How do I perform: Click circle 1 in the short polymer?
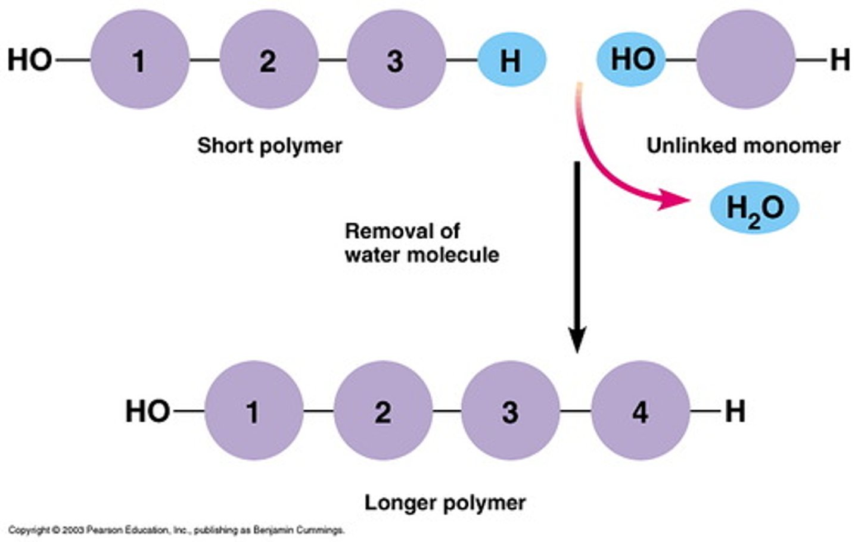pos(139,60)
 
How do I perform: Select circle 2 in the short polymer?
pos(269,60)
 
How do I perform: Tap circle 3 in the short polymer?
pos(396,60)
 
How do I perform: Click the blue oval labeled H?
pos(511,60)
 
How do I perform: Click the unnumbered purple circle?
pos(745,60)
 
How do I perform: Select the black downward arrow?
pos(576,256)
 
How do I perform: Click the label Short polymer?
pos(269,145)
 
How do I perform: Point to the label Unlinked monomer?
pos(743,145)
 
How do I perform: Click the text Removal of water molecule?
pos(421,242)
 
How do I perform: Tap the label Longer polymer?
pos(444,502)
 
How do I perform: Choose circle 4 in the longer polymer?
pos(640,411)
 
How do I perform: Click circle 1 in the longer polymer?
pos(253,411)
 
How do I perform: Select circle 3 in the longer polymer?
pos(510,411)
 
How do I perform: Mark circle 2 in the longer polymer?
pos(383,411)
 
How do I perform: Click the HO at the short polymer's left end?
pos(29,60)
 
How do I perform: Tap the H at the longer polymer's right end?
pos(735,411)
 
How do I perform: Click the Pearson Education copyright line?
pos(176,529)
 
